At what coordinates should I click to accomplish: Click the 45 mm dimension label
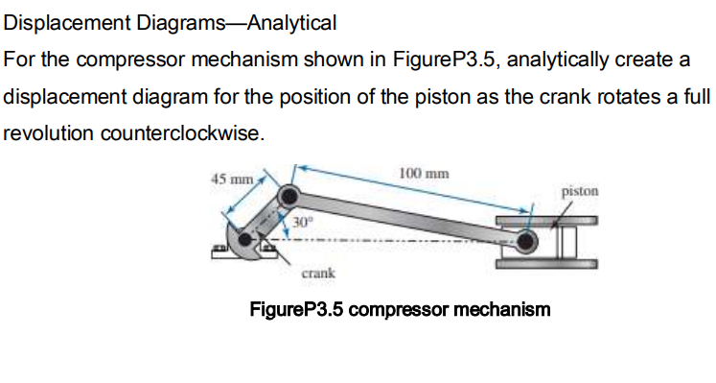tap(229, 178)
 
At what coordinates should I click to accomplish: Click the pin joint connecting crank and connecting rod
tap(287, 199)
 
